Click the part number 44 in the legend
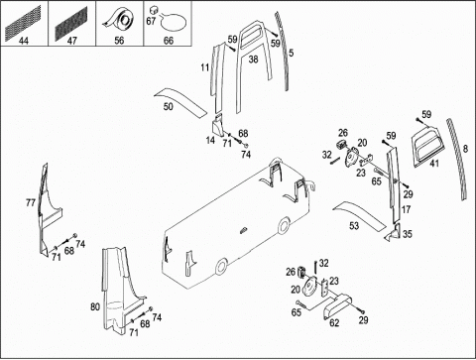(x=24, y=41)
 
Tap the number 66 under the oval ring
(x=169, y=41)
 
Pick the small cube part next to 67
(x=153, y=9)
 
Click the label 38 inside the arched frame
(x=253, y=60)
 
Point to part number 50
(x=169, y=106)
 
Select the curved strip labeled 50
(x=180, y=102)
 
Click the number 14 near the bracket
(x=210, y=140)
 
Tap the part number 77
(x=31, y=202)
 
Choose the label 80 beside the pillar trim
(x=95, y=307)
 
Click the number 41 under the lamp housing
(x=434, y=163)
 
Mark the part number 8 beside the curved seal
(x=465, y=149)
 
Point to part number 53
(x=354, y=226)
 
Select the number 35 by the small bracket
(x=408, y=234)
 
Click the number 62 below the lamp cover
(x=334, y=323)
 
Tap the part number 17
(x=406, y=209)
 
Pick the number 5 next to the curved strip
(x=291, y=53)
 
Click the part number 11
(x=205, y=67)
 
